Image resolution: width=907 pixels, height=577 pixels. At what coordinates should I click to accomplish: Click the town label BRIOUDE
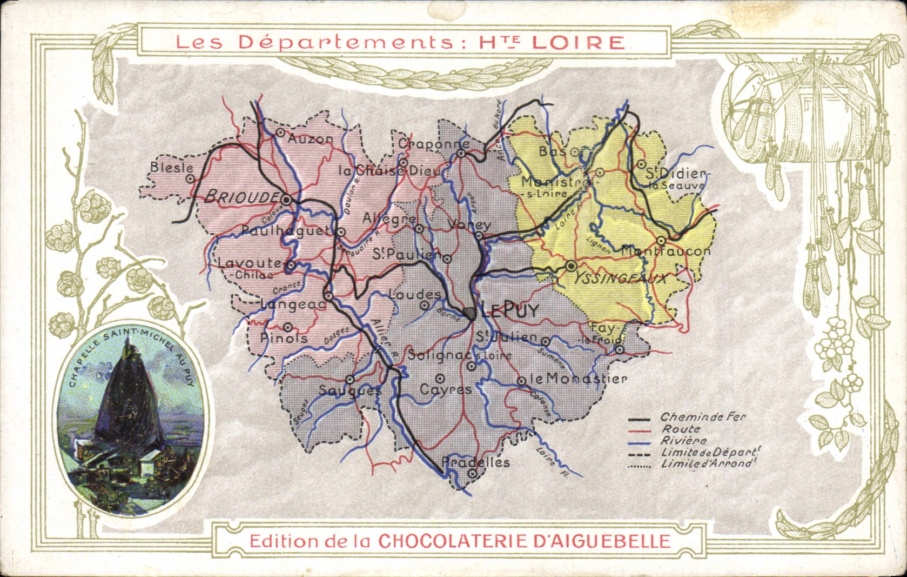(x=240, y=197)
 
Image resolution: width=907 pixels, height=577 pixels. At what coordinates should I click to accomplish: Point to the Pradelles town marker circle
(x=472, y=473)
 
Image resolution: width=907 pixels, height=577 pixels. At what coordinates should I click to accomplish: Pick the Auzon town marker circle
(x=280, y=132)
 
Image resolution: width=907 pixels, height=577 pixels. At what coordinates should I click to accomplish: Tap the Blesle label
(x=171, y=168)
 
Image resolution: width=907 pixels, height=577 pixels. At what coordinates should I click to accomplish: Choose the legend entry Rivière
(x=683, y=441)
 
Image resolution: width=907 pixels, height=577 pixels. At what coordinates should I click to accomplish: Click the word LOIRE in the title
(x=579, y=43)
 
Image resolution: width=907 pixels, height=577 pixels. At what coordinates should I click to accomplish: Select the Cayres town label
(x=445, y=389)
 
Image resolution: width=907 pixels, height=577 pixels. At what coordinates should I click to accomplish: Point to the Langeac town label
(x=293, y=305)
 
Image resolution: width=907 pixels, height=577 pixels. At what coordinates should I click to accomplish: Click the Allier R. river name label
(x=384, y=338)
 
